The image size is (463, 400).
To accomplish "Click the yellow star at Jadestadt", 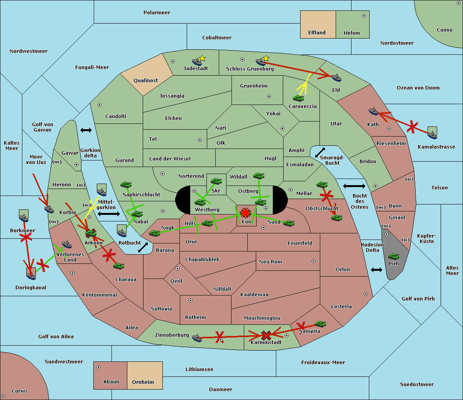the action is tap(202, 59).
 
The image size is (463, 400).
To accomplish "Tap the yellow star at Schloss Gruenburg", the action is tap(266, 59).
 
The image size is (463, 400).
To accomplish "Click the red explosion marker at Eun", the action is tap(245, 213).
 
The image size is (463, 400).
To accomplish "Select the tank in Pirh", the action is tap(394, 256).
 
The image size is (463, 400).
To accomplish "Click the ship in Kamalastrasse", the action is tap(432, 135).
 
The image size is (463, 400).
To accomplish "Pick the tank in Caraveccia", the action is tap(298, 98).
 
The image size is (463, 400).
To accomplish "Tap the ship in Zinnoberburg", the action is tap(197, 338).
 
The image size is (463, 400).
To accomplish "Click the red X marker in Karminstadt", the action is tap(266, 336).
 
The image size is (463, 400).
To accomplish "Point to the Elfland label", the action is tap(317, 33).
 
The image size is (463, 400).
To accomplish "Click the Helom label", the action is tap(351, 33).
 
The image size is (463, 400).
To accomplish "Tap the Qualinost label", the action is tap(145, 80).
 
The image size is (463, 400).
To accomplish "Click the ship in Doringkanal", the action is tap(31, 276).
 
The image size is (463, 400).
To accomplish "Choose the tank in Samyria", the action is tap(320, 324).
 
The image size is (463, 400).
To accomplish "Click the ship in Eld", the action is tap(336, 78).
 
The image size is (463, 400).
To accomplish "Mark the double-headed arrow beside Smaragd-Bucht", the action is tap(320, 152).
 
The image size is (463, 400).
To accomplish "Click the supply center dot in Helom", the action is tap(364, 16).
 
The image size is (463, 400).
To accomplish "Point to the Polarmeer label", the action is tap(157, 13).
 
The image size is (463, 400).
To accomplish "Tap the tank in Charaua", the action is tap(118, 266).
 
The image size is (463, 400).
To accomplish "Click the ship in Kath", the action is tap(373, 111).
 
